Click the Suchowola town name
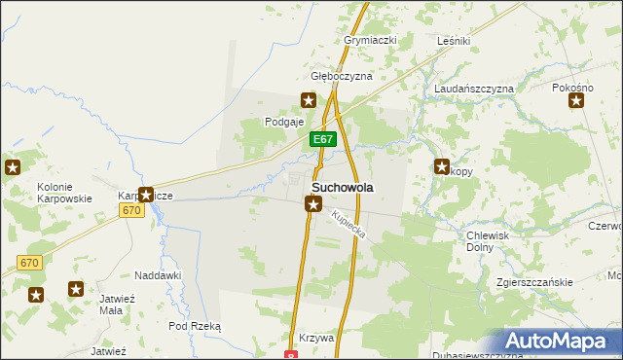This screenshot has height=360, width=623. click(x=343, y=186)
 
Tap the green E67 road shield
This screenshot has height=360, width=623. click(x=324, y=140)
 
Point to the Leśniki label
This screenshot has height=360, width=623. click(x=454, y=41)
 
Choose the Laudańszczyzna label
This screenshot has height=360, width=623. click(x=473, y=89)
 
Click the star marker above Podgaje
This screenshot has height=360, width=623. click(x=309, y=99)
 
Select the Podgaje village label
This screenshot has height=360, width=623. click(x=285, y=122)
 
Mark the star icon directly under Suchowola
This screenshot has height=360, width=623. click(x=313, y=203)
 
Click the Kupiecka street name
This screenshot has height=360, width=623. click(x=347, y=227)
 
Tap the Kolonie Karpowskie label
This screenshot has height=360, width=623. click(x=64, y=193)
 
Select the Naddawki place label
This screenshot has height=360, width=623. click(x=158, y=275)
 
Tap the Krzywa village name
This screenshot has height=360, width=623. click(x=317, y=338)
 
